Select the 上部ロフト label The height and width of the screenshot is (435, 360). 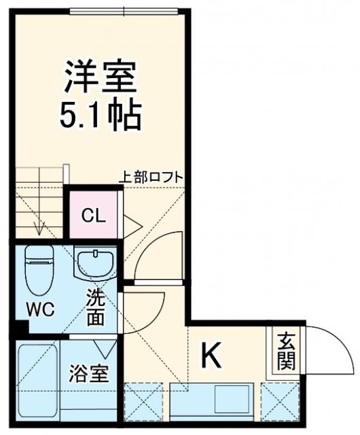151,177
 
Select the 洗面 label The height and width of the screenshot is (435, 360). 95,308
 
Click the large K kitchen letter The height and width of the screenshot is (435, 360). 211,355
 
